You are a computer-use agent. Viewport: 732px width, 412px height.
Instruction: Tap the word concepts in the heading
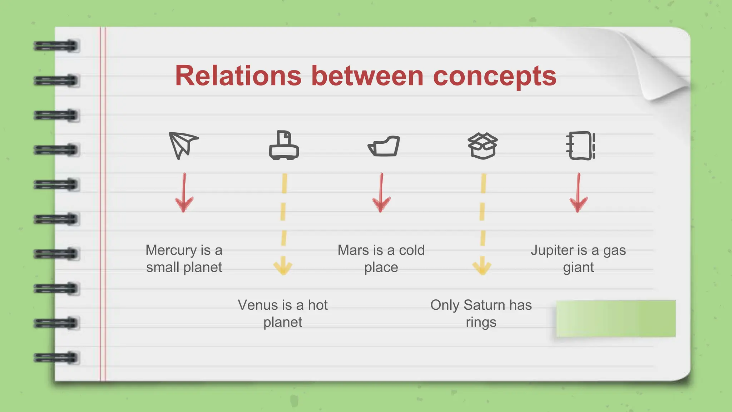point(495,77)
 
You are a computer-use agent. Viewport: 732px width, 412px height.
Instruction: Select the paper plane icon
point(183,145)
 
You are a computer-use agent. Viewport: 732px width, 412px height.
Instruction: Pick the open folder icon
point(384,146)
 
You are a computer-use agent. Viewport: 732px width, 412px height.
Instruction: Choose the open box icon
point(483,146)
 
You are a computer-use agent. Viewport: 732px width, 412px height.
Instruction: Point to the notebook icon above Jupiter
point(581,146)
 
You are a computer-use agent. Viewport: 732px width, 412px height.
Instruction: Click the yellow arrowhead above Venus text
point(283,266)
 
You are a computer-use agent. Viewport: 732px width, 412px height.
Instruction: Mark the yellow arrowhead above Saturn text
point(482,266)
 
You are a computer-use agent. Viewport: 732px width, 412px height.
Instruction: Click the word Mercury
point(171,250)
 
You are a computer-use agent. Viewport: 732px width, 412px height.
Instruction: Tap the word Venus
point(257,305)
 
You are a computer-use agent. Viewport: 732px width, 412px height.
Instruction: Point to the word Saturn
point(484,305)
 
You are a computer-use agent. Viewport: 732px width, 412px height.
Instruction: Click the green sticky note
point(616,318)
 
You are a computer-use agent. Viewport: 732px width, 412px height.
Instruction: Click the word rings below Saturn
point(481,322)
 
